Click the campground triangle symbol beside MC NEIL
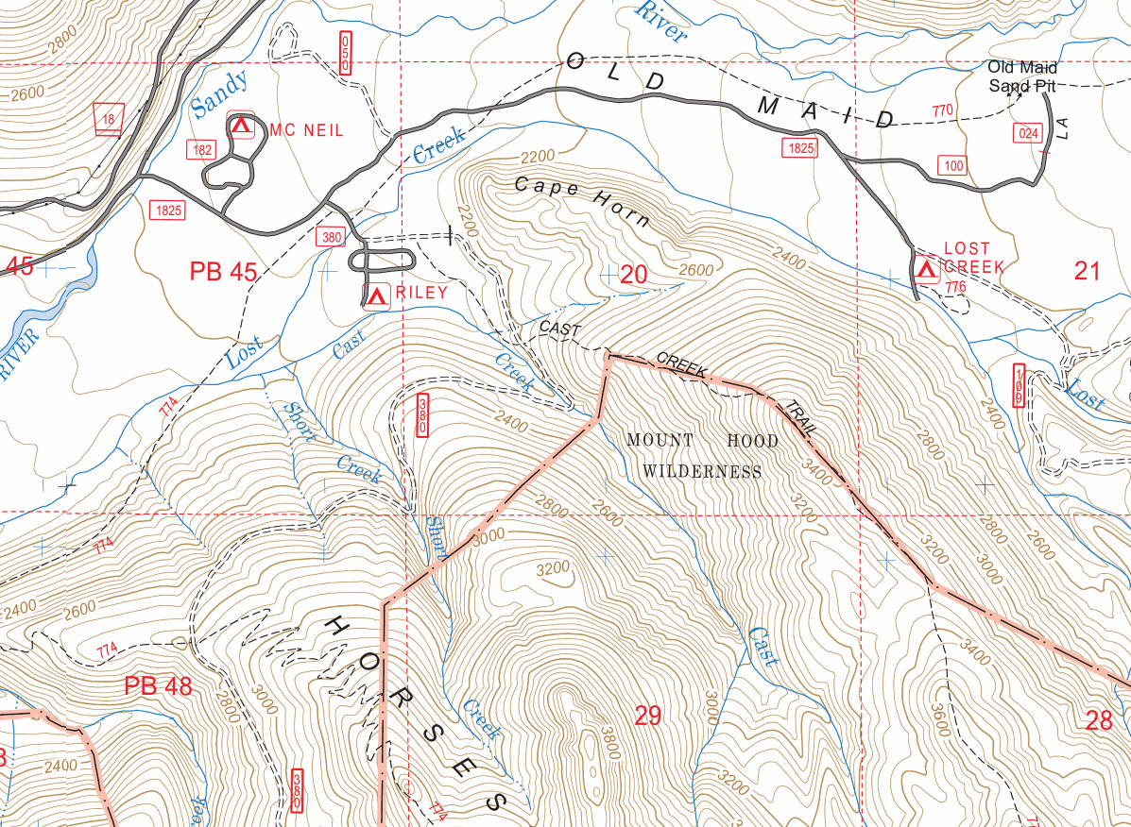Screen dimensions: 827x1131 click(x=240, y=125)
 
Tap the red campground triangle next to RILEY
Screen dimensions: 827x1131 click(x=377, y=295)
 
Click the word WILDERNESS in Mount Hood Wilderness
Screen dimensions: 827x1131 click(x=702, y=471)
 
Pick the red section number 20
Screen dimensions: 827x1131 click(x=633, y=275)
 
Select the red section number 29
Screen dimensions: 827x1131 click(x=647, y=716)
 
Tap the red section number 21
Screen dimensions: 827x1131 click(x=1088, y=272)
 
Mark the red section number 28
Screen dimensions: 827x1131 click(x=1099, y=721)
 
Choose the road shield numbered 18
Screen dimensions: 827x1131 click(x=110, y=119)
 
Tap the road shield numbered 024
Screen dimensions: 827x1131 click(x=1028, y=133)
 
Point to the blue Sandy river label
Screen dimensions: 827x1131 click(x=219, y=94)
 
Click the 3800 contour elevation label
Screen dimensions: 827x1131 click(x=606, y=743)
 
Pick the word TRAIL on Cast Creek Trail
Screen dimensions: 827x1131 click(x=798, y=418)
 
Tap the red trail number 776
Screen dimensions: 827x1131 click(x=955, y=286)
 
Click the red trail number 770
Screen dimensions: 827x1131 click(x=942, y=110)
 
